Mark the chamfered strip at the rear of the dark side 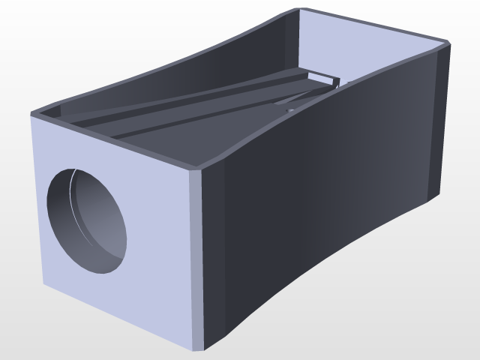(x=443, y=120)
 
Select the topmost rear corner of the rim (x=301, y=8)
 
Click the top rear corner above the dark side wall (x=450, y=44)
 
